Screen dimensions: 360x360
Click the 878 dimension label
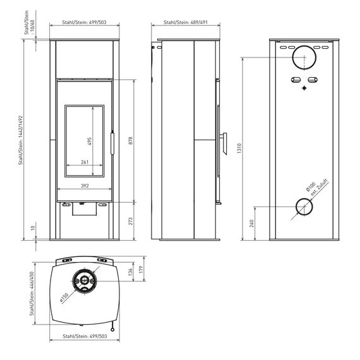[130, 140]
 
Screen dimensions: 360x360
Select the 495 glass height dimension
[90, 141]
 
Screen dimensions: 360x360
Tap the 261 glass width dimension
[85, 162]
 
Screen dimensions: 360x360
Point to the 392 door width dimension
[85, 186]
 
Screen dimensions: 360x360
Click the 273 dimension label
[130, 221]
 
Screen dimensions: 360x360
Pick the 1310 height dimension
[239, 148]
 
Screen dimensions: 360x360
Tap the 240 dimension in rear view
[252, 224]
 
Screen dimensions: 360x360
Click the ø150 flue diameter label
[64, 297]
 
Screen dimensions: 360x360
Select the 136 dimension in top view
[130, 272]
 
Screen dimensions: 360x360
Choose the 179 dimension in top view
[141, 269]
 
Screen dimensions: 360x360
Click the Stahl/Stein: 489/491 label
[186, 22]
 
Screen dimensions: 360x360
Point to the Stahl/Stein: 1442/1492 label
[21, 140]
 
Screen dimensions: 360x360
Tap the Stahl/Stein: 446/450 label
[32, 294]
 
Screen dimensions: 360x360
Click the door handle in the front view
[112, 142]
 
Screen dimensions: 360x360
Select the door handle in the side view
[224, 143]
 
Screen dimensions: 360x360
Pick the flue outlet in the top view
[85, 280]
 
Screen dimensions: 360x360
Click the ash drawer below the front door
[85, 209]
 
